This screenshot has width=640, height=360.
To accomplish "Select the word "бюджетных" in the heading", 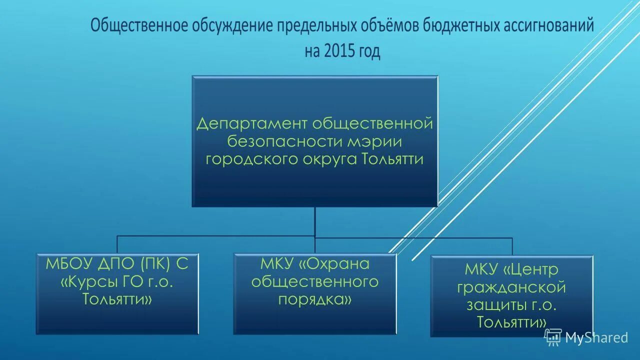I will tap(462, 26).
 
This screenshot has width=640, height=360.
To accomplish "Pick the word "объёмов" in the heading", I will tap(390, 26).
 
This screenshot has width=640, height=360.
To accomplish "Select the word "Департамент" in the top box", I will tap(252, 123).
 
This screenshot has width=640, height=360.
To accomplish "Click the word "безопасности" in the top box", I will tap(283, 141).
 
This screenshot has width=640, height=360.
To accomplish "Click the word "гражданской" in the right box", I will tap(511, 287).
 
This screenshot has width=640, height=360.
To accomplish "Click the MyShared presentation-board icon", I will tap(553, 337).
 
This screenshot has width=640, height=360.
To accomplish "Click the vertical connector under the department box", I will tap(315, 221).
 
